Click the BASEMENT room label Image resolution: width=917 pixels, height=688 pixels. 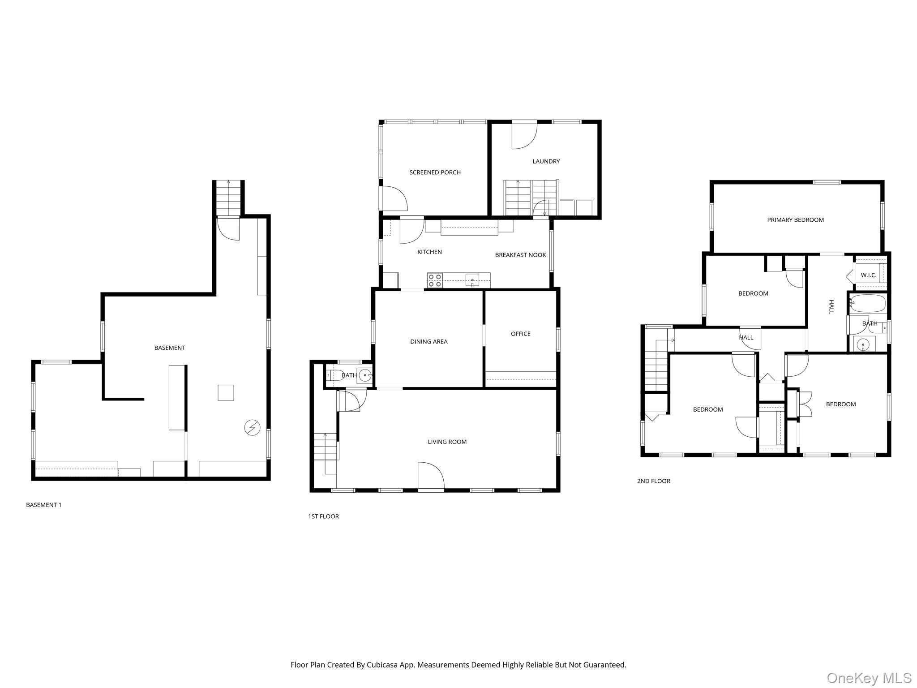[170, 348]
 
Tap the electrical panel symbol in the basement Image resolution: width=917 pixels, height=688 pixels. [252, 427]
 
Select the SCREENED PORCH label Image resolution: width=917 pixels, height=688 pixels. [435, 172]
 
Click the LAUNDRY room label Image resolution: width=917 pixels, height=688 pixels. [546, 161]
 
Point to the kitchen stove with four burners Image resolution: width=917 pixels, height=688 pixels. [434, 280]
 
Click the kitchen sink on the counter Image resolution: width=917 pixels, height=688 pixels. [472, 281]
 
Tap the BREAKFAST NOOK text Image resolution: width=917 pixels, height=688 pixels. [520, 255]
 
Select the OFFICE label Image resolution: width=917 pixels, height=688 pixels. [520, 334]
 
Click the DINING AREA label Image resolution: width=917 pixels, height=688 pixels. [429, 342]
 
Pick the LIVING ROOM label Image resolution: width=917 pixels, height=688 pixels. [447, 442]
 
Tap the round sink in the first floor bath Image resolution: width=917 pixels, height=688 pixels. [365, 375]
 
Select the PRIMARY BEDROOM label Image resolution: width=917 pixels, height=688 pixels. [795, 220]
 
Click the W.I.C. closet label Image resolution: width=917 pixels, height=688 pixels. [868, 275]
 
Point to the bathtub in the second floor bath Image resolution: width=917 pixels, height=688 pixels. [868, 303]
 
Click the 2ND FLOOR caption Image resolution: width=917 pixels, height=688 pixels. [653, 481]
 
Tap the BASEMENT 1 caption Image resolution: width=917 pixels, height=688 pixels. [44, 505]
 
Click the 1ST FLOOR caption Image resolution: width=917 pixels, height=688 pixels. [323, 516]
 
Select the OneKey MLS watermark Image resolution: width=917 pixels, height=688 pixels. [869, 678]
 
